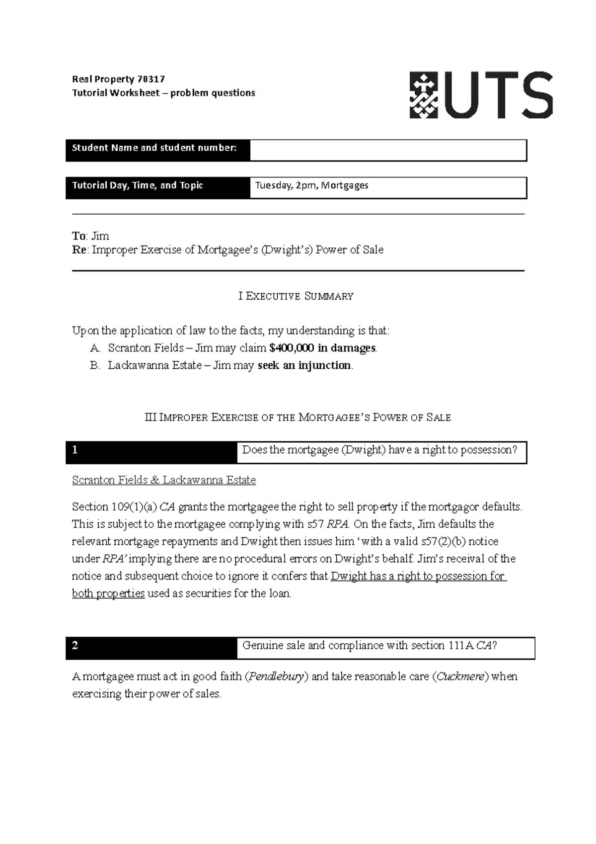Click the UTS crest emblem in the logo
(x=424, y=95)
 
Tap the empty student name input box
(x=387, y=150)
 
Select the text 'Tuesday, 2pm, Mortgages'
(x=312, y=185)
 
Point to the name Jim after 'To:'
(x=100, y=236)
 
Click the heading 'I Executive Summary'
(x=296, y=296)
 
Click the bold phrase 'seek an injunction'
(x=304, y=365)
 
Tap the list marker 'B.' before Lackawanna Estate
(x=95, y=365)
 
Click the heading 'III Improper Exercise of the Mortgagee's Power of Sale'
(x=298, y=418)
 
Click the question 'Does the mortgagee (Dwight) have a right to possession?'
(x=379, y=450)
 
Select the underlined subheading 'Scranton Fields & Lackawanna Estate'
(x=163, y=480)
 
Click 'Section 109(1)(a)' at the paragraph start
(x=114, y=507)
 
